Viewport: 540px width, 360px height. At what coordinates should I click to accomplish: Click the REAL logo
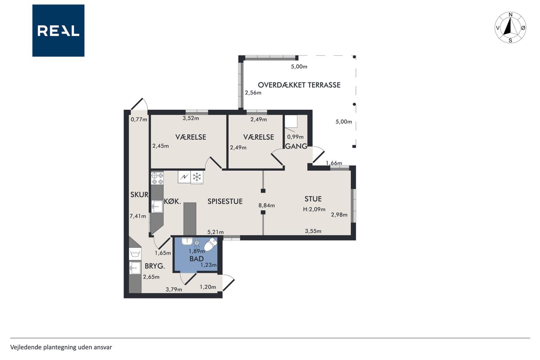(58, 31)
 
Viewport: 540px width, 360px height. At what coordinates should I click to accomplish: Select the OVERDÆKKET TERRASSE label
(299, 85)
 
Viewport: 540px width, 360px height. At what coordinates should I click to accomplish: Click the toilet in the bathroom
(211, 244)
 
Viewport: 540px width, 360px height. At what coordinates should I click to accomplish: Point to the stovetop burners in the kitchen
(157, 178)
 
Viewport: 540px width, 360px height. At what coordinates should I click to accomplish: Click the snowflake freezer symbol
(197, 177)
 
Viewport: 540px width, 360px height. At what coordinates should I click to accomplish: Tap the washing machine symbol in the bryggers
(135, 254)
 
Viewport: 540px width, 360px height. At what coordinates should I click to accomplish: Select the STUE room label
(313, 199)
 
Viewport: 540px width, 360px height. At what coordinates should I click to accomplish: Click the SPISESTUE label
(225, 201)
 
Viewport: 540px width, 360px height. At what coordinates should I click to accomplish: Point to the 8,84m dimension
(266, 206)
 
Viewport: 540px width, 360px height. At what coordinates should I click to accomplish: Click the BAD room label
(197, 259)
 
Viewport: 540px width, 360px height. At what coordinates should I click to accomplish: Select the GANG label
(296, 146)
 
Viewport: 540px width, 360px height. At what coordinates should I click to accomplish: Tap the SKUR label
(139, 195)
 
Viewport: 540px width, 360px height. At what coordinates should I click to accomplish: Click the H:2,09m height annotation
(314, 209)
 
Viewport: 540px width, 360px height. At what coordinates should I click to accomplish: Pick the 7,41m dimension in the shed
(138, 216)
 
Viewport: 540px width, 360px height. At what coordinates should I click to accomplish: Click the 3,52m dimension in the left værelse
(191, 118)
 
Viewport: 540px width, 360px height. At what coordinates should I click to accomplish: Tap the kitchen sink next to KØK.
(157, 207)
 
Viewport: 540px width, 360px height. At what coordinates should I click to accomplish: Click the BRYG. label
(155, 266)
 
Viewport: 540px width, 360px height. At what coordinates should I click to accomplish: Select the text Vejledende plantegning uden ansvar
(61, 347)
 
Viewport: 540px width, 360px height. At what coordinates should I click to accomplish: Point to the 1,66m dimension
(334, 163)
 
